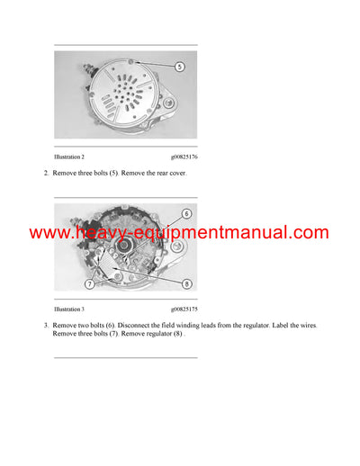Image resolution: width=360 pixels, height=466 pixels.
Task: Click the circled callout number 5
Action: click(180, 67)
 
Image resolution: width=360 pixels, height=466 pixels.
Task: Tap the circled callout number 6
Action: click(186, 214)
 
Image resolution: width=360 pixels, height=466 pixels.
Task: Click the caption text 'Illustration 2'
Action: click(70, 157)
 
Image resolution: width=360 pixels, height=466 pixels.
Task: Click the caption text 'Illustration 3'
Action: click(70, 309)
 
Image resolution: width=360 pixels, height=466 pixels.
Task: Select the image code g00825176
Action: click(184, 157)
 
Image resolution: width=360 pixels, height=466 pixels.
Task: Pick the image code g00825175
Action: click(184, 309)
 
